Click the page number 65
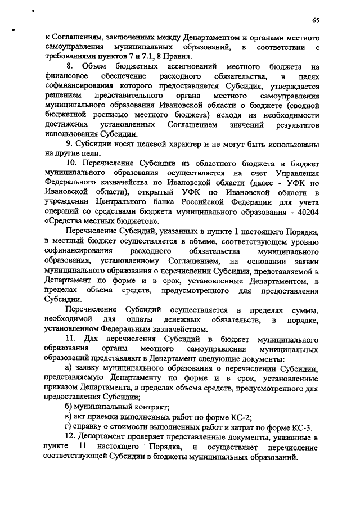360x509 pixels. point(316,20)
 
